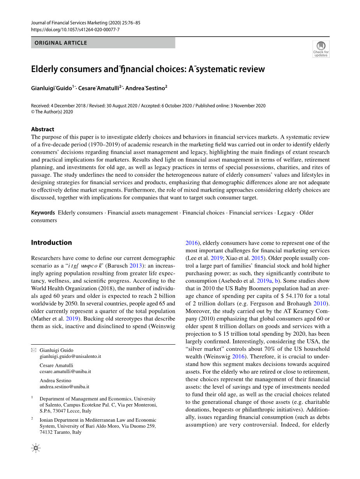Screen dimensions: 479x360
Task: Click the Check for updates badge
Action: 321,49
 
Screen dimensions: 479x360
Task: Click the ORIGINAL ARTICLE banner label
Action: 61,43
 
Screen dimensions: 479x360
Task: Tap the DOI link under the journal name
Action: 75,30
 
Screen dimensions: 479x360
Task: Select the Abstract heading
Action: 43,129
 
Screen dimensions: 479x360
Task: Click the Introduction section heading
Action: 51,243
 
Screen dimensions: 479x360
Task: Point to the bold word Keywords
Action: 43,213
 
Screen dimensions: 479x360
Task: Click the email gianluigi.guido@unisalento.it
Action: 70,356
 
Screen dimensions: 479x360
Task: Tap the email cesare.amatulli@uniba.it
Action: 65,372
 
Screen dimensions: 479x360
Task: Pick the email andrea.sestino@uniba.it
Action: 65,387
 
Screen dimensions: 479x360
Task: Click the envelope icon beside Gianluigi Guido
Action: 33,350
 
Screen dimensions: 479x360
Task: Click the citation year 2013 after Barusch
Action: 136,266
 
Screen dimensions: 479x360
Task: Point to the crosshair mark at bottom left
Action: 35,448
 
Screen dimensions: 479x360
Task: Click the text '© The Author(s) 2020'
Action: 52,112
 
